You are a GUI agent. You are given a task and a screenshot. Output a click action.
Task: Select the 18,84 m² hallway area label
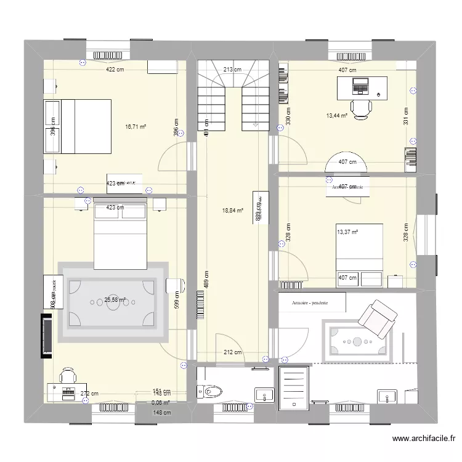click(x=232, y=210)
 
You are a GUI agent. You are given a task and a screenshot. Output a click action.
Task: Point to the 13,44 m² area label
click(x=337, y=115)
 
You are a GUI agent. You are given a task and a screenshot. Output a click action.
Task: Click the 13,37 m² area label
click(x=347, y=232)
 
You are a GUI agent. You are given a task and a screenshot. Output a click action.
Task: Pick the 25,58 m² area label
click(x=115, y=300)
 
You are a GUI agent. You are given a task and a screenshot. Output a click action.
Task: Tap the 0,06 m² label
click(x=161, y=403)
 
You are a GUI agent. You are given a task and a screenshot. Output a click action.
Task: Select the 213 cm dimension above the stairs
click(x=232, y=70)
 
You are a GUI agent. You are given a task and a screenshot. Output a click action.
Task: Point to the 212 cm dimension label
click(x=232, y=353)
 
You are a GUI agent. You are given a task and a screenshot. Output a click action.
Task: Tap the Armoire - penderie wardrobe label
click(x=312, y=302)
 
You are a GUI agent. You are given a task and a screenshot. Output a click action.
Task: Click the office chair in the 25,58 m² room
click(x=68, y=376)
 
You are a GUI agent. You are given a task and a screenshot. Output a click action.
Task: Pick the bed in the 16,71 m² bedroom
click(x=78, y=126)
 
